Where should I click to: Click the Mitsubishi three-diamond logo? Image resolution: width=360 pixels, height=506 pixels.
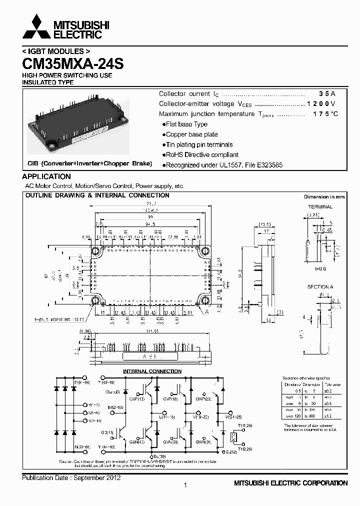pyautogui.click(x=35, y=27)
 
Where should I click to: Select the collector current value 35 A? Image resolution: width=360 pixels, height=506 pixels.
pyautogui.click(x=327, y=94)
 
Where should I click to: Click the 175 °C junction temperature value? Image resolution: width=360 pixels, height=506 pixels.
pyautogui.click(x=325, y=114)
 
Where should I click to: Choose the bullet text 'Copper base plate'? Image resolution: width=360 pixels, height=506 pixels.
pyautogui.click(x=191, y=134)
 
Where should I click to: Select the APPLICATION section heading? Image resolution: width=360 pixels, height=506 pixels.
pyautogui.click(x=46, y=176)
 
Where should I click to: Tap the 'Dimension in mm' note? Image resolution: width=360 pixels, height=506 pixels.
pyautogui.click(x=324, y=197)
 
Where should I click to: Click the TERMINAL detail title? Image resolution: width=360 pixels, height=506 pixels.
pyautogui.click(x=320, y=206)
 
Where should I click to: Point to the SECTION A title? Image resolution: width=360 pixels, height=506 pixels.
pyautogui.click(x=320, y=287)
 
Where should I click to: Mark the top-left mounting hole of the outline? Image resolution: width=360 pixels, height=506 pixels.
pyautogui.click(x=94, y=250)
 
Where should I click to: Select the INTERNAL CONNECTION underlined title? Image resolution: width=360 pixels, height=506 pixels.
pyautogui.click(x=152, y=371)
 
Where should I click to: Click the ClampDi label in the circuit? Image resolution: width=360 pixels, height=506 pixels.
pyautogui.click(x=112, y=391)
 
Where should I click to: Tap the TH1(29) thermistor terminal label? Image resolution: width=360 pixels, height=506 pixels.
pyautogui.click(x=244, y=425)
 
